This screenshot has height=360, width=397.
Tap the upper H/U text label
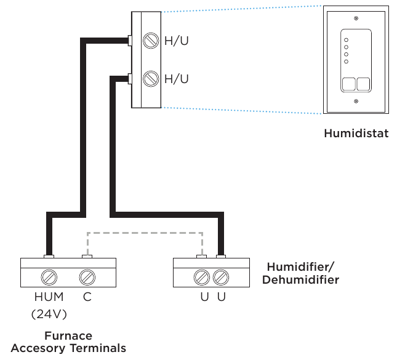click(x=177, y=42)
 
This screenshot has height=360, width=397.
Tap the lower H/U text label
click(x=177, y=79)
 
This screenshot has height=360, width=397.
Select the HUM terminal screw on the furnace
click(x=49, y=276)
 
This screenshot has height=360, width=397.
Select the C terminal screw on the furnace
click(x=87, y=276)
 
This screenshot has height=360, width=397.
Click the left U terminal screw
click(x=201, y=276)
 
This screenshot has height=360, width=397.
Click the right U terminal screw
click(x=220, y=276)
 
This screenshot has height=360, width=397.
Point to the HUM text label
click(x=49, y=297)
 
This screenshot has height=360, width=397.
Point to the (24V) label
click(x=49, y=314)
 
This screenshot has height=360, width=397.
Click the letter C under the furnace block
click(x=87, y=297)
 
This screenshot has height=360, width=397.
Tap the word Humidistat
click(x=356, y=133)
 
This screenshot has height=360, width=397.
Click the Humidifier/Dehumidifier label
click(x=302, y=273)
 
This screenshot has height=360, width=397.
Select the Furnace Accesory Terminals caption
click(x=68, y=342)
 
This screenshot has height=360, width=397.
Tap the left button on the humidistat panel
click(x=348, y=84)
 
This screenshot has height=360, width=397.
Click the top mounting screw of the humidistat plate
click(x=355, y=18)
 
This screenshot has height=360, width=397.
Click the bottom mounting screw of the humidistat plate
click(x=355, y=100)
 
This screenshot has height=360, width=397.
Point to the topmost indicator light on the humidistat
click(x=346, y=38)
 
